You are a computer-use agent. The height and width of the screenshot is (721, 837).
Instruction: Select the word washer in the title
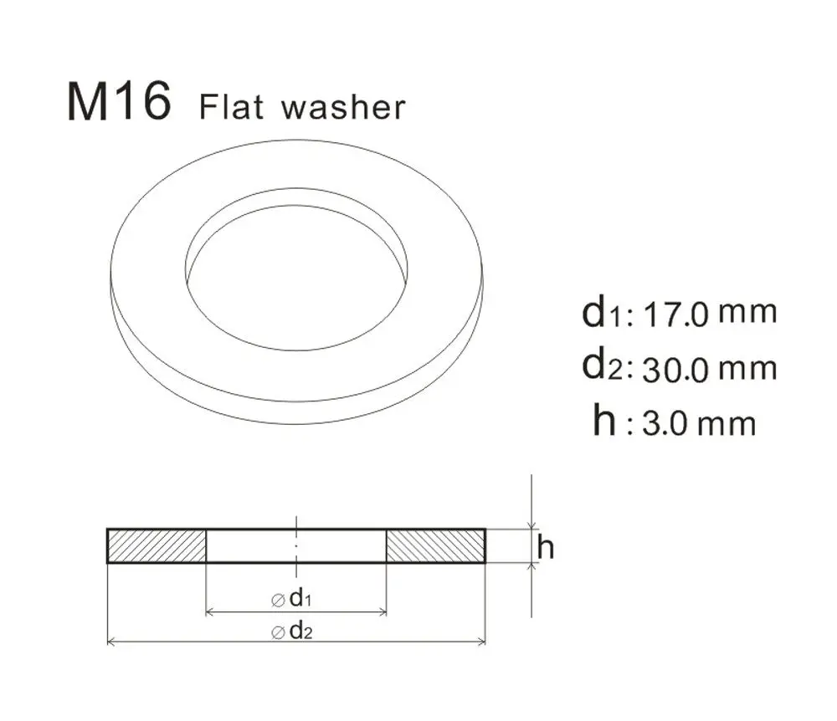tap(343, 109)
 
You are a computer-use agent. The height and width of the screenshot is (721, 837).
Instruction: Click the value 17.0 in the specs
tap(677, 314)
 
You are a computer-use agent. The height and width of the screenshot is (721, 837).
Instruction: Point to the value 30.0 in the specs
tap(677, 370)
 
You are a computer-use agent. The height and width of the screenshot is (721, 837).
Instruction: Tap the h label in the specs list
tap(604, 421)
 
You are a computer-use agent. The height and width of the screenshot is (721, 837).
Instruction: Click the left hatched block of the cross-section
tap(157, 546)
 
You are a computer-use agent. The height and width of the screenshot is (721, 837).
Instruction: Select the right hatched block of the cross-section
tap(435, 546)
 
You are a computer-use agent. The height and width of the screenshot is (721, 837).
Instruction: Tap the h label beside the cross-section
tap(546, 548)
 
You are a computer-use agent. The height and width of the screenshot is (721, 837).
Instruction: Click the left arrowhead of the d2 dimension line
tap(112, 642)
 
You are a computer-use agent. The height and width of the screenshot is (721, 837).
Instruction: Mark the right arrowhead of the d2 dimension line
tap(481, 642)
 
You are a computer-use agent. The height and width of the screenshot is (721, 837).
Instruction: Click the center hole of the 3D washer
tap(297, 276)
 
